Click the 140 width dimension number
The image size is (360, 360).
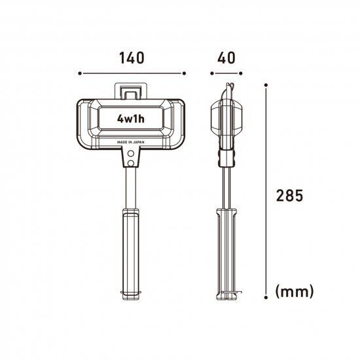(132, 57)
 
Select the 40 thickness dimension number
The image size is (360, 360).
(226, 57)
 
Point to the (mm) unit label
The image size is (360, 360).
(295, 290)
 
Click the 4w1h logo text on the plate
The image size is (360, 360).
(132, 118)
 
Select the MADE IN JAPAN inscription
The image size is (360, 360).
(132, 141)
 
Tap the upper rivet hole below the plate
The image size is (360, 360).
(131, 152)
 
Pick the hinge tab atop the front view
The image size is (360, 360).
(132, 91)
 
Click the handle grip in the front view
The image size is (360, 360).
(131, 252)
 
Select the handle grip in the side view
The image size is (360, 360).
(226, 252)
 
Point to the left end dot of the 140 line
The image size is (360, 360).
(79, 73)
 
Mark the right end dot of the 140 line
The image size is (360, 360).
(185, 73)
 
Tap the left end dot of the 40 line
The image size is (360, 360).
(211, 73)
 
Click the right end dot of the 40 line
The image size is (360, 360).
(242, 73)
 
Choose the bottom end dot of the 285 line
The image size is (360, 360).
(266, 297)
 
